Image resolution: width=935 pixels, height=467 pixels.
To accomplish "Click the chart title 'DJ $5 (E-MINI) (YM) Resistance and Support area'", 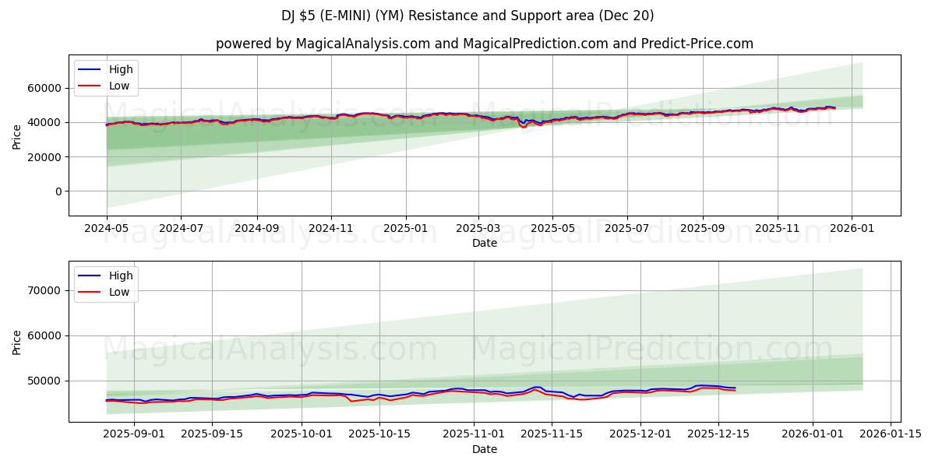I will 467,16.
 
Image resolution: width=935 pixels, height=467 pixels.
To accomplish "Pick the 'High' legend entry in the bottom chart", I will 119,276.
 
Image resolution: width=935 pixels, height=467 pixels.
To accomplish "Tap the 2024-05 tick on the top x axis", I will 107,229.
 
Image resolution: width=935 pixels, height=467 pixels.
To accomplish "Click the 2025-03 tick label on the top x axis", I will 478,229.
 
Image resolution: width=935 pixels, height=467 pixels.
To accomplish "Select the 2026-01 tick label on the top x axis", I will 851,229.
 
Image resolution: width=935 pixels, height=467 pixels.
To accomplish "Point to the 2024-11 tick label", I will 331,229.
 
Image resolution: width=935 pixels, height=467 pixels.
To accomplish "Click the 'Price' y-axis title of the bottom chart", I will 17,342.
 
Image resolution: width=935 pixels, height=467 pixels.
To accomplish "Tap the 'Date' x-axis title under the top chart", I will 484,243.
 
